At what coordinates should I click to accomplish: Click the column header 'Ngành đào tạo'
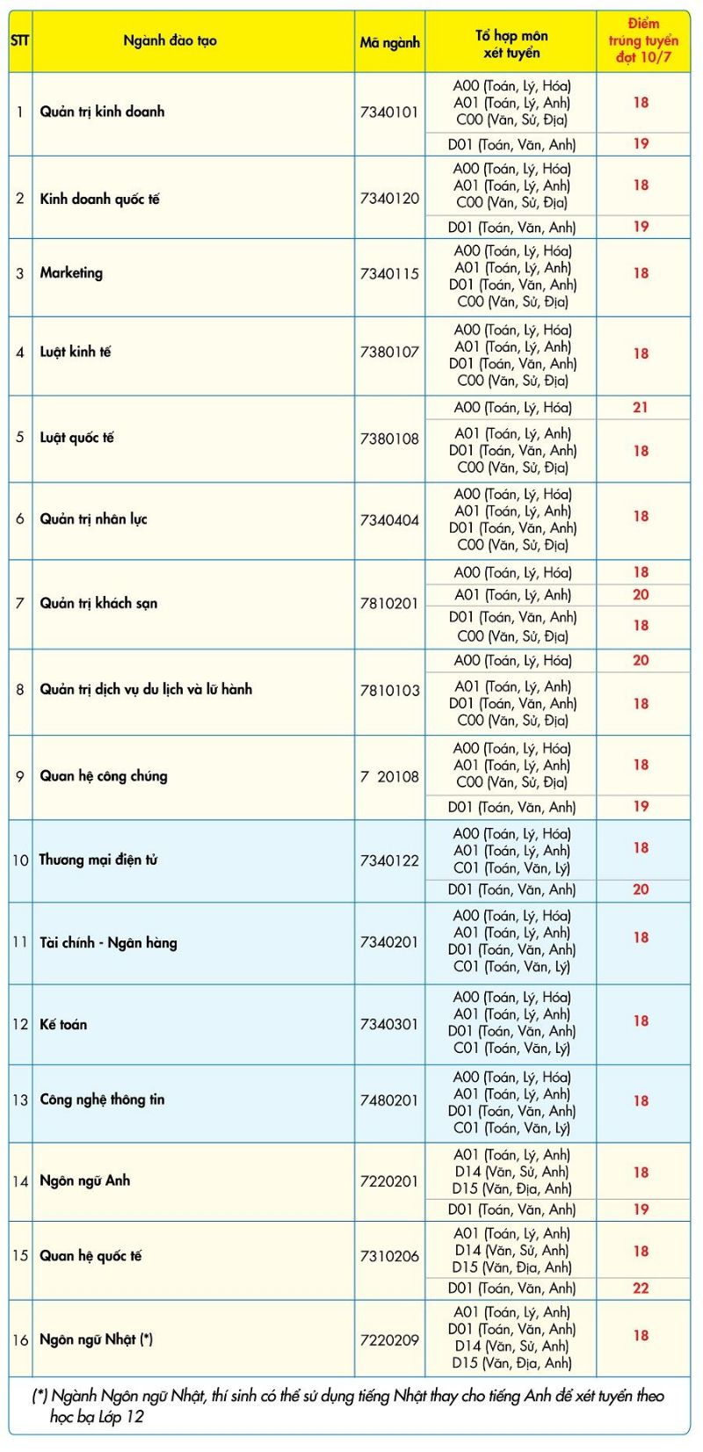(x=170, y=40)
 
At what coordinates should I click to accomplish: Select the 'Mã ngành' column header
(x=389, y=42)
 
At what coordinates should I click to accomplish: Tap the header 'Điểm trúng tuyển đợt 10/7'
(x=643, y=40)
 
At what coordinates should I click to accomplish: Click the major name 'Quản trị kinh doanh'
(x=102, y=112)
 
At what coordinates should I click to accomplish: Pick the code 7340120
(x=389, y=199)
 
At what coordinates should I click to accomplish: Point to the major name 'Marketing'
(x=71, y=273)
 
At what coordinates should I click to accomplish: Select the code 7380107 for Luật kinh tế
(x=389, y=352)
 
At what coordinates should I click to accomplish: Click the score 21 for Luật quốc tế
(x=641, y=407)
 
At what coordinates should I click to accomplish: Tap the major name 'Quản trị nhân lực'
(x=93, y=519)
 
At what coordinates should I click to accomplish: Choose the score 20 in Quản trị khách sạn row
(x=641, y=595)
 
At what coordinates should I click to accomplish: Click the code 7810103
(x=389, y=691)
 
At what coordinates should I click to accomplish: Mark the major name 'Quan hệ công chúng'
(x=103, y=776)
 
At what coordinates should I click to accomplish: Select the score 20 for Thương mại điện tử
(x=641, y=889)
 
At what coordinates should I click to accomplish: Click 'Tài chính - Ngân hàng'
(x=108, y=943)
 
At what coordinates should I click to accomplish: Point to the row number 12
(x=20, y=1025)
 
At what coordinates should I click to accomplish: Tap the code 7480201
(x=389, y=1100)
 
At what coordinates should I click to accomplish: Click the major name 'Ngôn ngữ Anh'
(x=84, y=1181)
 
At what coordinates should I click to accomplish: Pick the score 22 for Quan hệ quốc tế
(x=641, y=1288)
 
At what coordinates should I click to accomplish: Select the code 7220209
(x=389, y=1340)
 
